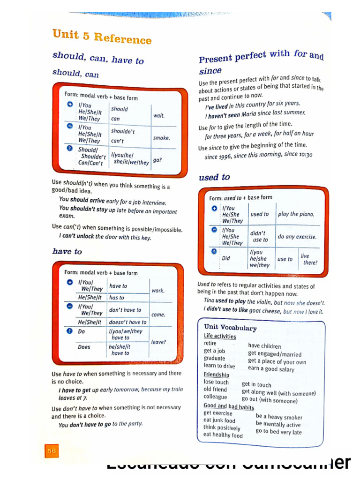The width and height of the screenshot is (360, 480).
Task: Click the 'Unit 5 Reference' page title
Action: coord(102,37)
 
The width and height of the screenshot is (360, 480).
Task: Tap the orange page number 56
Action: coord(51,450)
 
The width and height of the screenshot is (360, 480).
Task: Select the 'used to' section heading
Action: coord(214,177)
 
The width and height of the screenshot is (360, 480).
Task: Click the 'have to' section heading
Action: coord(67,252)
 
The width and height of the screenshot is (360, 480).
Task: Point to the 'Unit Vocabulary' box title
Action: coord(230,328)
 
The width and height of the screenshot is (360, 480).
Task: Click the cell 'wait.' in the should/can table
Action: coord(159,115)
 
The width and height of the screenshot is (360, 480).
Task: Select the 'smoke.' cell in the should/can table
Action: coord(161,138)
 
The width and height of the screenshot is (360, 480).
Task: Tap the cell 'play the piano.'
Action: coord(296,214)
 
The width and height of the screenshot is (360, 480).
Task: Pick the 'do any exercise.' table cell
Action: coord(297,237)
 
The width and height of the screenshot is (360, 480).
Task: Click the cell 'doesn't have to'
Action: coord(127,322)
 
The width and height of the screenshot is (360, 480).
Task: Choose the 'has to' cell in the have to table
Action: coord(117,298)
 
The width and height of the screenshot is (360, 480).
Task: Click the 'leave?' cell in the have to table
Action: coord(158,342)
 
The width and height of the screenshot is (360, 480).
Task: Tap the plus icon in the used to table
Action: coord(214,209)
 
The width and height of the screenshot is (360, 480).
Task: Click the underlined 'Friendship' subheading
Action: coord(216,375)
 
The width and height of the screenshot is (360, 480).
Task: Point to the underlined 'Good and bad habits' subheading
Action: coord(229,406)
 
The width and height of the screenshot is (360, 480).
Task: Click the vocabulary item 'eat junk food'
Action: coord(219,420)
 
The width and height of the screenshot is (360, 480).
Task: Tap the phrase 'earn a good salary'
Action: coord(271,369)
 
